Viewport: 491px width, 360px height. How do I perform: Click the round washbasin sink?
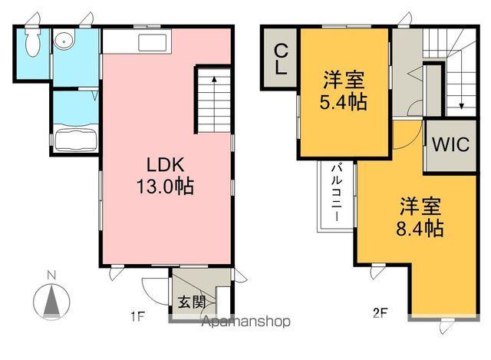[x=64, y=41]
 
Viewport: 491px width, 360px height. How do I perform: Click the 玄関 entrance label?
[x=192, y=302]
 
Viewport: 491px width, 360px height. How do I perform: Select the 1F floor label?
[x=137, y=315]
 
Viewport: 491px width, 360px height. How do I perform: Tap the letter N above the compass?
[x=51, y=275]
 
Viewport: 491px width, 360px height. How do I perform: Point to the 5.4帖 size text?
[x=343, y=101]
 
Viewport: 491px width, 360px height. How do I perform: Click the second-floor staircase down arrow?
[x=462, y=106]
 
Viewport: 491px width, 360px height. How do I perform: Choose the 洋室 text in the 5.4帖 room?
[x=343, y=78]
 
